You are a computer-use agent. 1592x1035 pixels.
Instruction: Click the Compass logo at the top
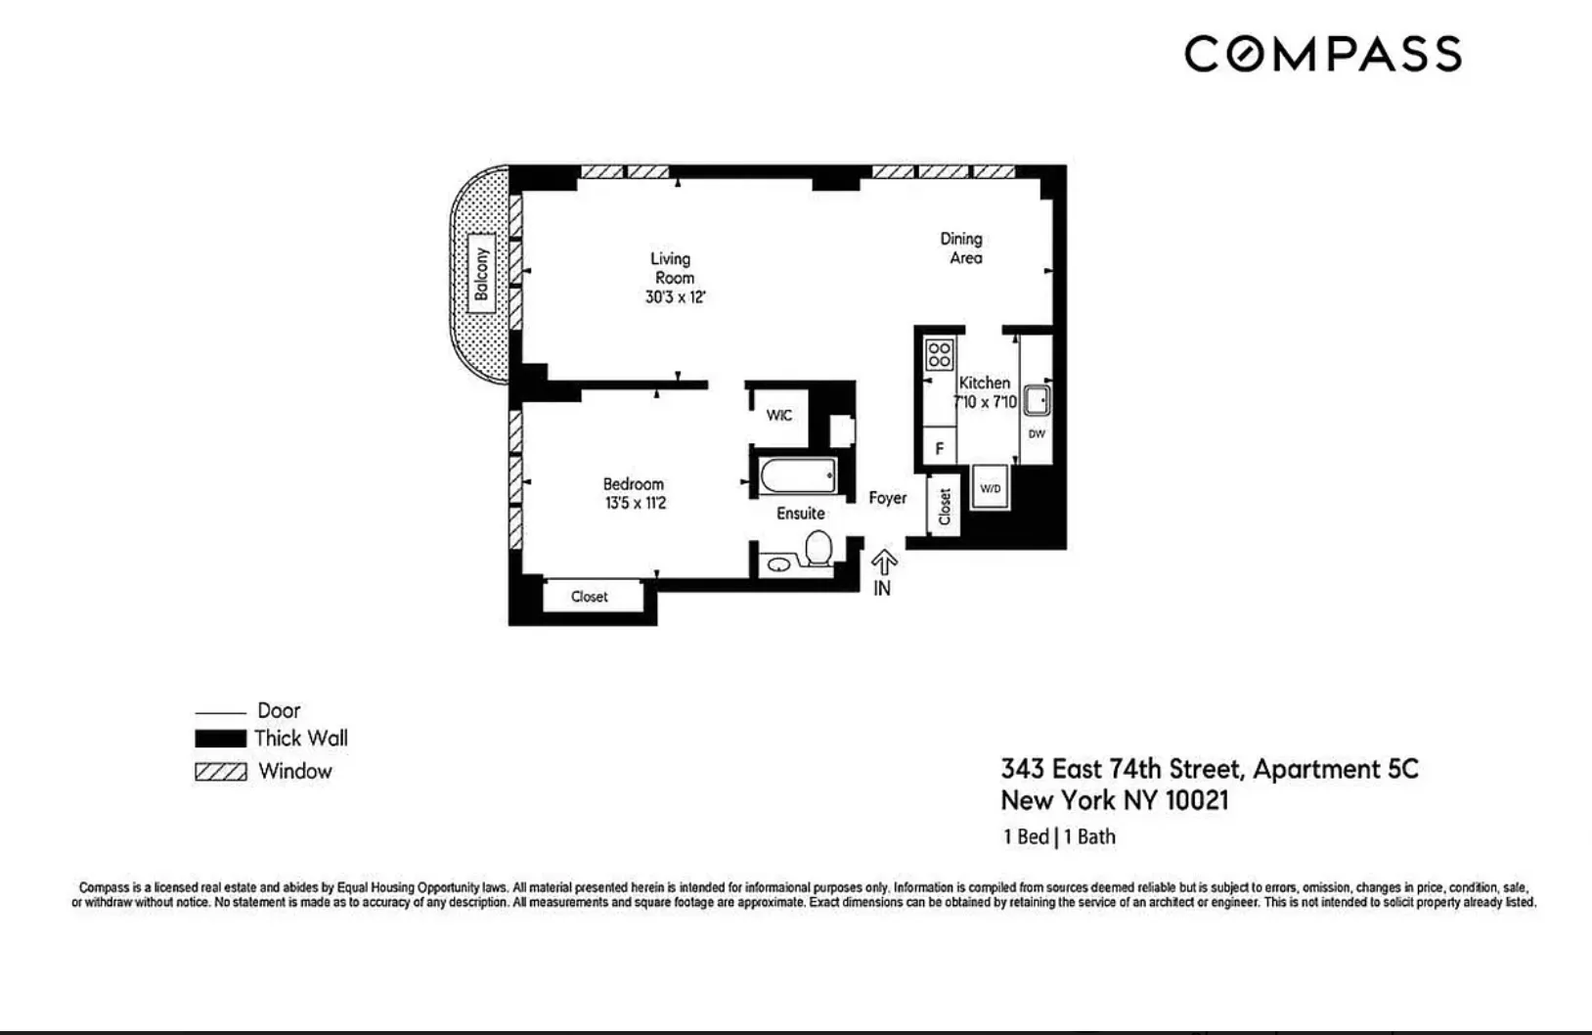pyautogui.click(x=1322, y=54)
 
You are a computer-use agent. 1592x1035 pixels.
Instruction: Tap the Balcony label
pyautogui.click(x=480, y=273)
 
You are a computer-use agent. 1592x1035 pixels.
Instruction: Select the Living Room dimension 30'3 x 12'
pyautogui.click(x=675, y=297)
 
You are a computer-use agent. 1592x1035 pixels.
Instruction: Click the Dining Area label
pyautogui.click(x=962, y=247)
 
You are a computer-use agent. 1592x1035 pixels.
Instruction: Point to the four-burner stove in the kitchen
pyautogui.click(x=939, y=354)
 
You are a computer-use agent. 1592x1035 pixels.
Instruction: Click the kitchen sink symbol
pyautogui.click(x=1037, y=400)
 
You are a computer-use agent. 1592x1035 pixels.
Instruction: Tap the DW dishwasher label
pyautogui.click(x=1037, y=433)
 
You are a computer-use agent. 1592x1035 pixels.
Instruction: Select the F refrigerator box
pyautogui.click(x=940, y=448)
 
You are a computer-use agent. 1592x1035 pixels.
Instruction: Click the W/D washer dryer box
pyautogui.click(x=991, y=487)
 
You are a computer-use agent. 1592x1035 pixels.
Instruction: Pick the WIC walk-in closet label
pyautogui.click(x=779, y=415)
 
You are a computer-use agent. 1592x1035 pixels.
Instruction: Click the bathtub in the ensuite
pyautogui.click(x=798, y=476)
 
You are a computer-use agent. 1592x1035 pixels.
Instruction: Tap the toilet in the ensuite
pyautogui.click(x=818, y=549)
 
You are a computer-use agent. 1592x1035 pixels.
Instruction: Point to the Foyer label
pyautogui.click(x=888, y=498)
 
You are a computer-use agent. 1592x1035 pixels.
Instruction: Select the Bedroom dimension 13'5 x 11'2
pyautogui.click(x=635, y=504)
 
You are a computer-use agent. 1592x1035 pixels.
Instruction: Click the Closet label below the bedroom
pyautogui.click(x=590, y=596)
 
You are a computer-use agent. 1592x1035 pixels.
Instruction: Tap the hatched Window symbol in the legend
pyautogui.click(x=220, y=772)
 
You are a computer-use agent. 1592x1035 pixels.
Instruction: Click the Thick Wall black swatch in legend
pyautogui.click(x=220, y=739)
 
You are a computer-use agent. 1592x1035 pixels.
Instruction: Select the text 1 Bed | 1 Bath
pyautogui.click(x=1059, y=836)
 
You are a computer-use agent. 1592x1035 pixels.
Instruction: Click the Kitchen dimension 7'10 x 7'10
pyautogui.click(x=986, y=402)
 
